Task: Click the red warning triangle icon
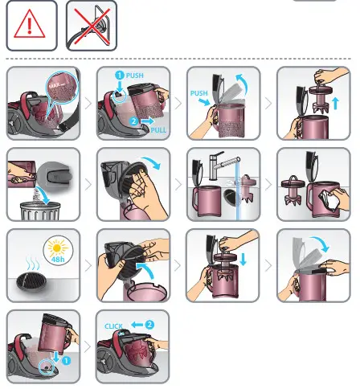[31, 27]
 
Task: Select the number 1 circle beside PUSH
[119, 76]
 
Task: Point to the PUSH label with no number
[199, 93]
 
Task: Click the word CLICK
[116, 326]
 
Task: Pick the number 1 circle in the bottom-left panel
[66, 361]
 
